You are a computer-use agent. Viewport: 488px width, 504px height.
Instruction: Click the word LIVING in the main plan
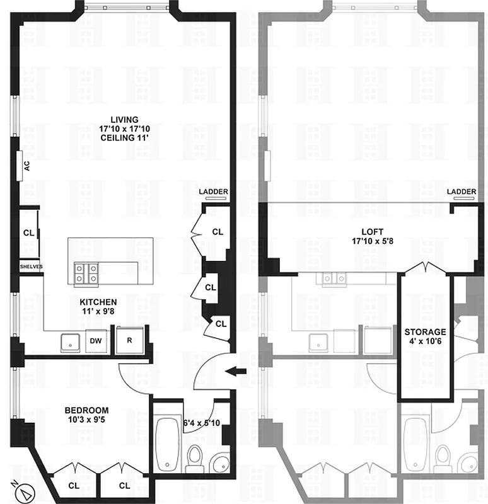124,120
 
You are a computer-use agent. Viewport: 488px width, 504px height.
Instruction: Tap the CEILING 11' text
124,138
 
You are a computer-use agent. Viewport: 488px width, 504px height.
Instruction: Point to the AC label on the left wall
26,166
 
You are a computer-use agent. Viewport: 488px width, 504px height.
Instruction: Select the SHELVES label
30,266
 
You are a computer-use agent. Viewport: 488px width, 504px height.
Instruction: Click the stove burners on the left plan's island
86,273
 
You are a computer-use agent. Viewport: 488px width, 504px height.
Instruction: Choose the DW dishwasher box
95,341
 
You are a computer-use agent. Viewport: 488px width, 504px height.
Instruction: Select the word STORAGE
426,331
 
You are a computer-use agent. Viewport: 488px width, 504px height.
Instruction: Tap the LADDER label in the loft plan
461,192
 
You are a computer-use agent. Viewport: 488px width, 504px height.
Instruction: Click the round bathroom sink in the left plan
221,464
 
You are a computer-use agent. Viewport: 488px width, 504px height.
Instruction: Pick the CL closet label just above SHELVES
28,232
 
